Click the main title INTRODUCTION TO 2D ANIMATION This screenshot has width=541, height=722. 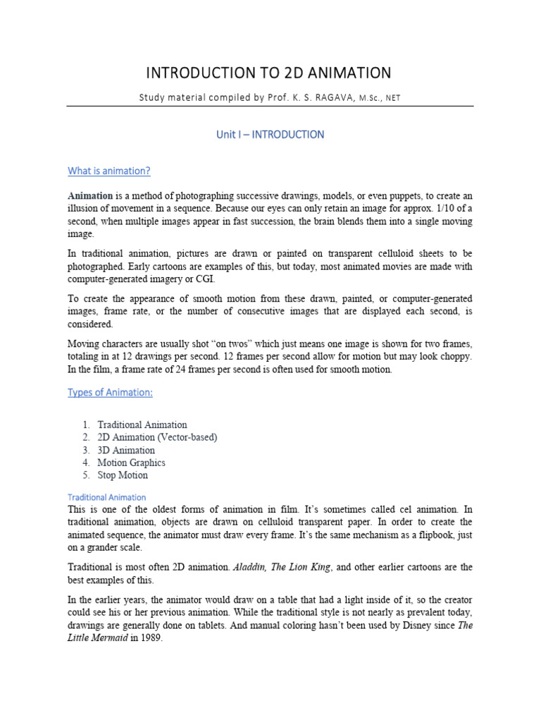(268, 73)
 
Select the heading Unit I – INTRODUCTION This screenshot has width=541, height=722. (270, 135)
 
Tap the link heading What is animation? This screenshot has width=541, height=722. (108, 171)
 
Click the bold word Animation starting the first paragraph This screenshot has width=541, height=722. (90, 196)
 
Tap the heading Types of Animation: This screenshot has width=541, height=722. (109, 392)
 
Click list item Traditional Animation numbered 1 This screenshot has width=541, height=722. (142, 425)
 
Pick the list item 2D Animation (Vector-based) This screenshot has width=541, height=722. (157, 438)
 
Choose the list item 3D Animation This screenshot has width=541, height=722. (126, 451)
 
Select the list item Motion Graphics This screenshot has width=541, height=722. (131, 463)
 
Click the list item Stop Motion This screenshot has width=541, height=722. (123, 475)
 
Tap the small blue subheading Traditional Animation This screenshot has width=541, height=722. (106, 497)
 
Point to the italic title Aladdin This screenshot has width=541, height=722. (251, 567)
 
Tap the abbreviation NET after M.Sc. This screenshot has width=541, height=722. (393, 98)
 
